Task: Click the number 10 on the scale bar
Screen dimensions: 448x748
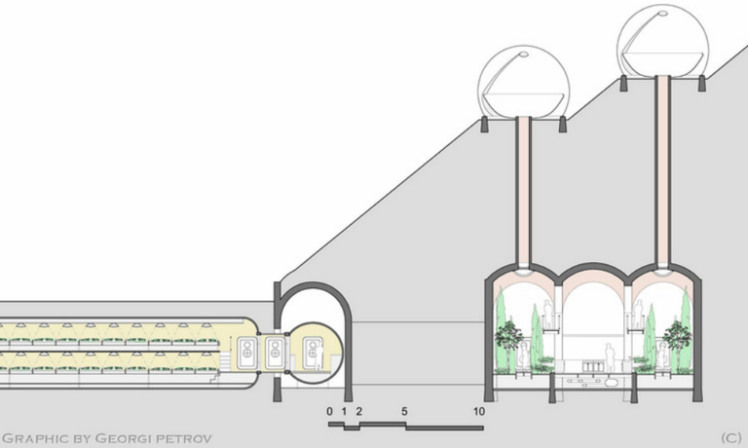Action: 479,412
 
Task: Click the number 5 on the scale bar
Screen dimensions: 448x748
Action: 403,412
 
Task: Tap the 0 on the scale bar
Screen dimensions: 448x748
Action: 330,412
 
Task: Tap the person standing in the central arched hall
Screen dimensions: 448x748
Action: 609,356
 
